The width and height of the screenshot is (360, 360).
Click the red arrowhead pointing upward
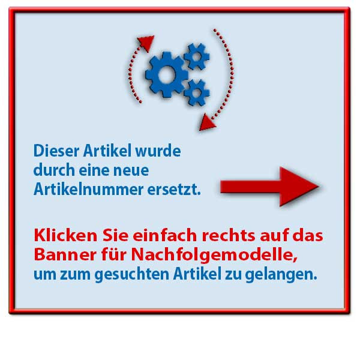(x=146, y=43)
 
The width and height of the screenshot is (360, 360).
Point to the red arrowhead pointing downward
(x=206, y=122)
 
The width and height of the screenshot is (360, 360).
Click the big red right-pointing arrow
(x=269, y=187)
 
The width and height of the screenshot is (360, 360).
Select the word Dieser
(x=56, y=151)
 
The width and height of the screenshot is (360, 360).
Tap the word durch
(x=54, y=170)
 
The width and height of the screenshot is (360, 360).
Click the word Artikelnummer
(x=88, y=190)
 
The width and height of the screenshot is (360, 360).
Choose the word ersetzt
(x=174, y=190)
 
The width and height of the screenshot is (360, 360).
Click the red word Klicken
(x=65, y=235)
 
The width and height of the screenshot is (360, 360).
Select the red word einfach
(x=165, y=235)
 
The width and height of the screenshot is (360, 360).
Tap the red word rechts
(x=229, y=236)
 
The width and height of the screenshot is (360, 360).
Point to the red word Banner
(x=65, y=254)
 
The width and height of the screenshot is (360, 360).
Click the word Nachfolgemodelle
(x=214, y=256)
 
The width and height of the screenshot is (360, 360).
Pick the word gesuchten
(x=132, y=275)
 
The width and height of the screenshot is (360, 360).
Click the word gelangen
(x=281, y=275)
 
